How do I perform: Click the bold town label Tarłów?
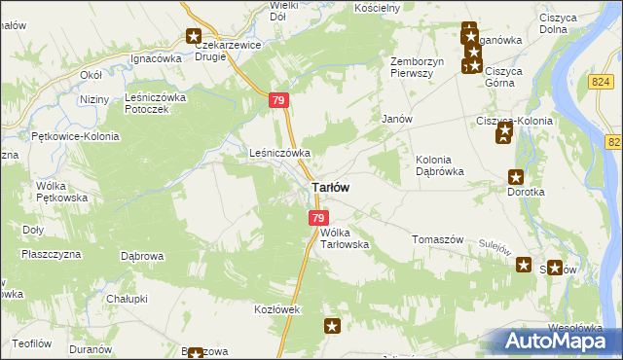coord(331,186)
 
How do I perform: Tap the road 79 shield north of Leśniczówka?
coord(279,100)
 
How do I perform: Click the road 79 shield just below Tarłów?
coord(318,218)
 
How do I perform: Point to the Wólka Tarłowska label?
coord(345,238)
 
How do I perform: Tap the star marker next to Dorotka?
coord(516,177)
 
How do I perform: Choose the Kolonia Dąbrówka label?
coord(439,164)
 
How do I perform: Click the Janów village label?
coord(398,118)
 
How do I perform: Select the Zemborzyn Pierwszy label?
coord(418,68)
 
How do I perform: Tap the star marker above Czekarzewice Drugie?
coord(193,37)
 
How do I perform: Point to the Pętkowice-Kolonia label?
coord(75,136)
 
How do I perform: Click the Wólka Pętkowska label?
coord(61,191)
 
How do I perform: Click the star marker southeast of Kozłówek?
coord(333,327)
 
